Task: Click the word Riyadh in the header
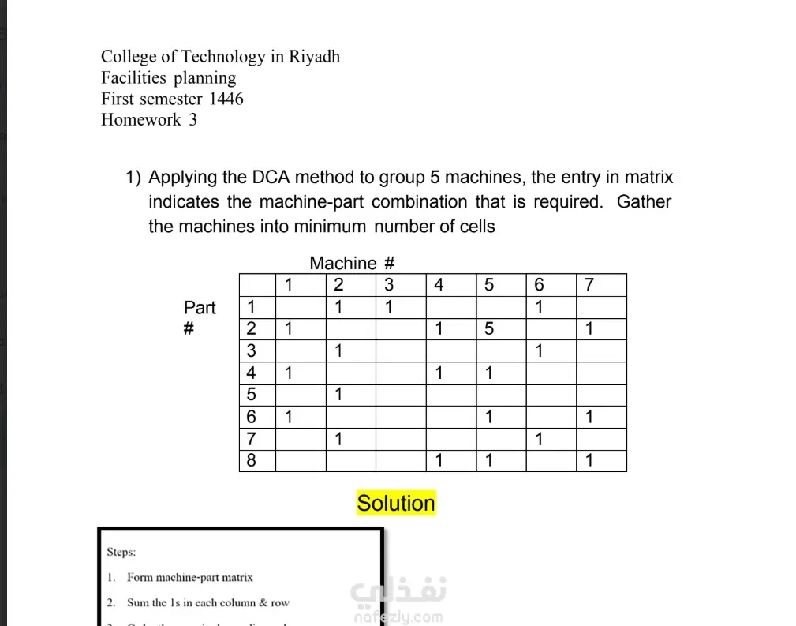pyautogui.click(x=314, y=57)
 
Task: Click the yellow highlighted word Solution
pyautogui.click(x=396, y=504)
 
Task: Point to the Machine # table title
pyautogui.click(x=352, y=264)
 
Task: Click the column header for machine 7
pyautogui.click(x=589, y=285)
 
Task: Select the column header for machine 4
pyautogui.click(x=439, y=285)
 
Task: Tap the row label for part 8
pyautogui.click(x=252, y=460)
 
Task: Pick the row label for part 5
pyautogui.click(x=252, y=394)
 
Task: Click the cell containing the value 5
pyautogui.click(x=489, y=328)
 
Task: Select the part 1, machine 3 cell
pyautogui.click(x=389, y=306)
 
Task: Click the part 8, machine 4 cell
pyautogui.click(x=439, y=460)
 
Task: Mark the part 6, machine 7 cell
pyautogui.click(x=589, y=416)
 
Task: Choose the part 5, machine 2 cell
pyautogui.click(x=338, y=394)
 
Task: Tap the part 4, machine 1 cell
pyautogui.click(x=289, y=373)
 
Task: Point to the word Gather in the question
pyautogui.click(x=644, y=202)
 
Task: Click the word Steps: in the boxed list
pyautogui.click(x=121, y=553)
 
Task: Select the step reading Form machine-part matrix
pyautogui.click(x=189, y=578)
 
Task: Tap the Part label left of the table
pyautogui.click(x=200, y=307)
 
